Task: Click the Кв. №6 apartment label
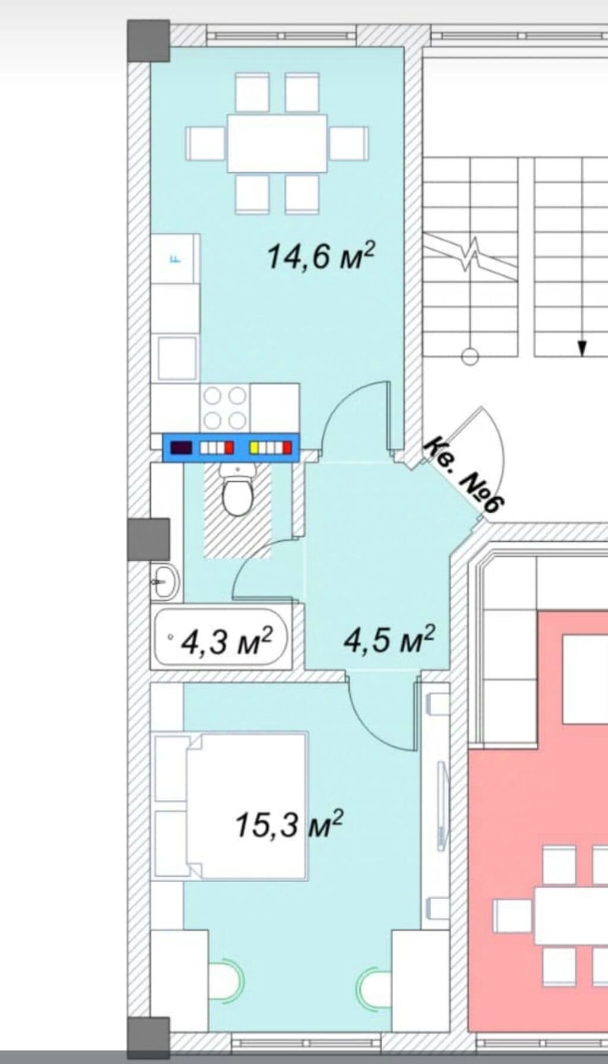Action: point(465,475)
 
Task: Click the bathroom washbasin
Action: point(164,581)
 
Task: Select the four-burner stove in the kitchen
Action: point(225,408)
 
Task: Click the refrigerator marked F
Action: point(175,258)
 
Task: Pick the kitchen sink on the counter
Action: point(177,358)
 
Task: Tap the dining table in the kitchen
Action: point(277,143)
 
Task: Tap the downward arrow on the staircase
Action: point(582,347)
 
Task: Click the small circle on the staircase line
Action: point(470,356)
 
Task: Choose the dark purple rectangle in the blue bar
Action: point(181,447)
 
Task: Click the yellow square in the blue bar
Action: point(254,447)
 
